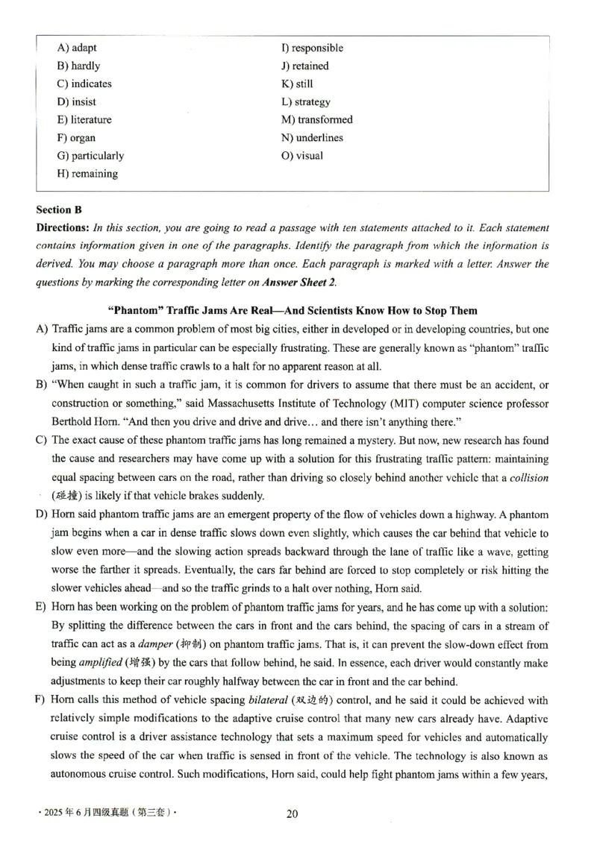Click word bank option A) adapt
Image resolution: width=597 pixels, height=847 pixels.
tap(77, 48)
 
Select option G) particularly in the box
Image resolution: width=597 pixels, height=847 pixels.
tap(90, 156)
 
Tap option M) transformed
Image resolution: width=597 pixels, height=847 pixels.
tap(316, 119)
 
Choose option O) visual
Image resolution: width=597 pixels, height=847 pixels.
tap(301, 156)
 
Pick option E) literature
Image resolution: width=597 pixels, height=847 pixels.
tap(84, 119)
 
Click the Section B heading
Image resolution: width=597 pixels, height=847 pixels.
tap(58, 210)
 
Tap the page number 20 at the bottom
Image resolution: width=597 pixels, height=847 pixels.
tap(292, 813)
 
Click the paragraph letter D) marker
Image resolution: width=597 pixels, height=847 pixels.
tap(41, 514)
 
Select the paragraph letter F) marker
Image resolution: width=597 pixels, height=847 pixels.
tap(41, 700)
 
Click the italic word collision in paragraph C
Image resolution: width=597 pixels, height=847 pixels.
tap(528, 478)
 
